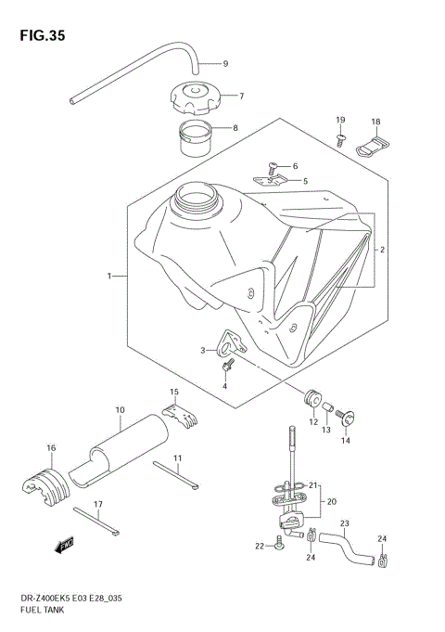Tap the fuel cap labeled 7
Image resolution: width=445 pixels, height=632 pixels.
pyautogui.click(x=193, y=96)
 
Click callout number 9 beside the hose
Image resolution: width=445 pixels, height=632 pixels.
pyautogui.click(x=223, y=64)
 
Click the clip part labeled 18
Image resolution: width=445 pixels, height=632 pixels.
pyautogui.click(x=375, y=145)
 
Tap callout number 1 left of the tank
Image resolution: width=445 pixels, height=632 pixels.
pyautogui.click(x=109, y=276)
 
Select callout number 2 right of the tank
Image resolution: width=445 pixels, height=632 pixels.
pyautogui.click(x=381, y=250)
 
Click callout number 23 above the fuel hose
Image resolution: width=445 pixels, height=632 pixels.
pyautogui.click(x=344, y=522)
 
